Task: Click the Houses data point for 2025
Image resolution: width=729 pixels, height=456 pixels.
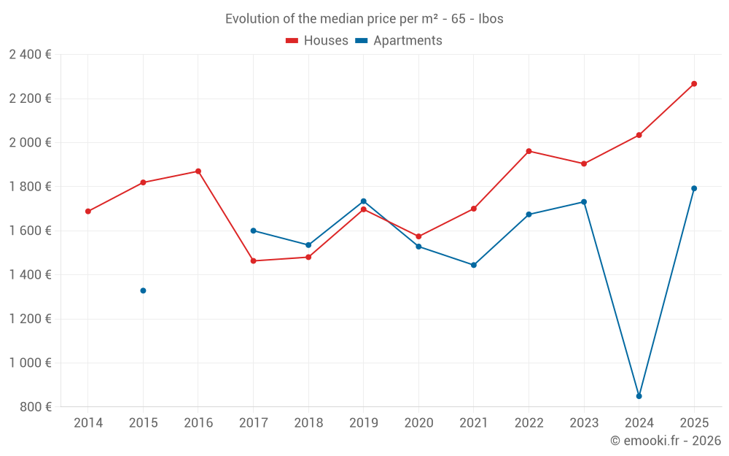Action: tap(694, 84)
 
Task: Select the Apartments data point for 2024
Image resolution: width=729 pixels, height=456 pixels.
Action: tap(639, 396)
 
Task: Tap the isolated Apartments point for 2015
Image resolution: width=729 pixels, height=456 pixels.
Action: tap(143, 290)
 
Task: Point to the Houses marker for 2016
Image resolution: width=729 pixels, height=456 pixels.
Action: tap(198, 171)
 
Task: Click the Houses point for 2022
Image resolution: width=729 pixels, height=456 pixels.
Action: tap(529, 151)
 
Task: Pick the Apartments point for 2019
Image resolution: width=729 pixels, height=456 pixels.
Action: tap(364, 201)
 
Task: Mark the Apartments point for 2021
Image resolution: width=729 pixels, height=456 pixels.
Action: tap(474, 265)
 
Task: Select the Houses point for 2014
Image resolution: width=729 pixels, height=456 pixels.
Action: tap(88, 212)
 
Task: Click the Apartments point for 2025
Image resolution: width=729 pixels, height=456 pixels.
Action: tap(694, 188)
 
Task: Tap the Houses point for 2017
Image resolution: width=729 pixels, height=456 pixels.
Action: tap(253, 260)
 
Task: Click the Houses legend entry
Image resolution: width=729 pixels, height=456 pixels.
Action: tap(317, 41)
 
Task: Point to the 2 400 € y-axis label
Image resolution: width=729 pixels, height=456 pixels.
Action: tap(30, 55)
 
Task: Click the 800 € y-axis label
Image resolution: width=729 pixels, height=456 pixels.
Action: tap(35, 407)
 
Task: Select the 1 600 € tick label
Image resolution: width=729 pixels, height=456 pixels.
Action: tap(30, 231)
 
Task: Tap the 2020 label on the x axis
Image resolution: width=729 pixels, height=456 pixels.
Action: tap(418, 423)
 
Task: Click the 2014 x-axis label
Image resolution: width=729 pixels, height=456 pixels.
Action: tap(88, 423)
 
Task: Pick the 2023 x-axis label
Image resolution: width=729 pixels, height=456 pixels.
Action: tap(584, 423)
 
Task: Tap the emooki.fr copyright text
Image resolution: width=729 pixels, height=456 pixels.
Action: tap(666, 441)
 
